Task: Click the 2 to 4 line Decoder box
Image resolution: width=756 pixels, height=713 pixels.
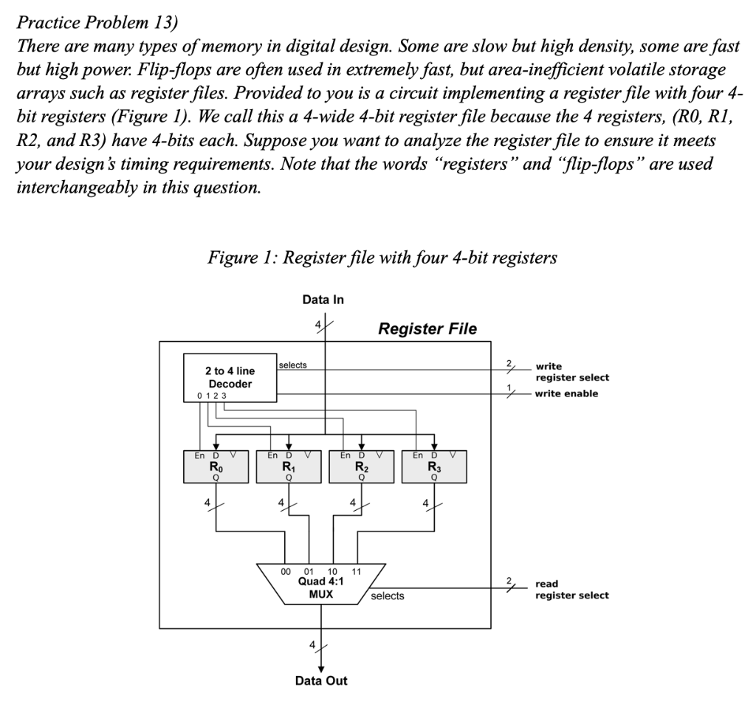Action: (x=230, y=377)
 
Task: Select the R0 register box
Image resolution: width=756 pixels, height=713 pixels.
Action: (x=216, y=466)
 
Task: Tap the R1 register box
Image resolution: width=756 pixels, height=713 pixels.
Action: (x=289, y=466)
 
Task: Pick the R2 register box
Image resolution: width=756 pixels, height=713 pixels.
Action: (x=362, y=466)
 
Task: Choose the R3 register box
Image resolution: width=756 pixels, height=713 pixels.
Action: (x=434, y=466)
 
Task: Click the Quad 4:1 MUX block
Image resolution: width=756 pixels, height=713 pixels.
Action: (x=321, y=584)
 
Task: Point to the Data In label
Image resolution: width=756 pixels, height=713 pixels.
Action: (x=323, y=300)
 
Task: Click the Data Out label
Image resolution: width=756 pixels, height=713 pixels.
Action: (x=321, y=681)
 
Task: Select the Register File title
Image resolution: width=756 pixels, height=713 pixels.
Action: (x=427, y=328)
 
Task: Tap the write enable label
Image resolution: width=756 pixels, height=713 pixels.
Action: (x=566, y=393)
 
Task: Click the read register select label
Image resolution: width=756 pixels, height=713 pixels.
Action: (x=572, y=590)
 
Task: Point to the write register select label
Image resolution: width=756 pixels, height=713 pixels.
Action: (x=572, y=372)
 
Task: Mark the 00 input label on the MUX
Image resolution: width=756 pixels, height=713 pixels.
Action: (x=286, y=572)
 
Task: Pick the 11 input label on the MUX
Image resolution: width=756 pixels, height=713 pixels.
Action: (x=357, y=572)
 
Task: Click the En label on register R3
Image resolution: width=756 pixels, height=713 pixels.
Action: (x=418, y=455)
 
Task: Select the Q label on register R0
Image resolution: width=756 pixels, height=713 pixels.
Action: (x=216, y=478)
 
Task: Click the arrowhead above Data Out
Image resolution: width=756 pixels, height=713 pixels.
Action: (x=321, y=669)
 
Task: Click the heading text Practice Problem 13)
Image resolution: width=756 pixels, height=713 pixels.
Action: (x=97, y=22)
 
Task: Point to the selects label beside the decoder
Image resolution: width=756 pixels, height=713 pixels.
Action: (x=292, y=365)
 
